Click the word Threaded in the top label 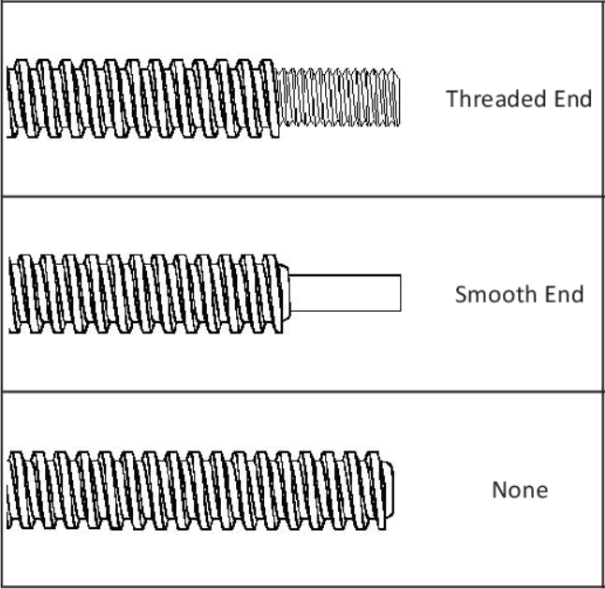(493, 98)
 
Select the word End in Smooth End (566, 294)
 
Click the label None (520, 490)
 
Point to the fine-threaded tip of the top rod (340, 97)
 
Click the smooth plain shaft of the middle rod (346, 292)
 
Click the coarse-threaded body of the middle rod (145, 293)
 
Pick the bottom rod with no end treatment (197, 489)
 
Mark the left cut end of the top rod (8, 99)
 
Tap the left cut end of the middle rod (11, 294)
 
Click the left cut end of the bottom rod (8, 490)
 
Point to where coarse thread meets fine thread (279, 98)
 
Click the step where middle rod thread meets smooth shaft (288, 292)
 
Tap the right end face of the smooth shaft (400, 292)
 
